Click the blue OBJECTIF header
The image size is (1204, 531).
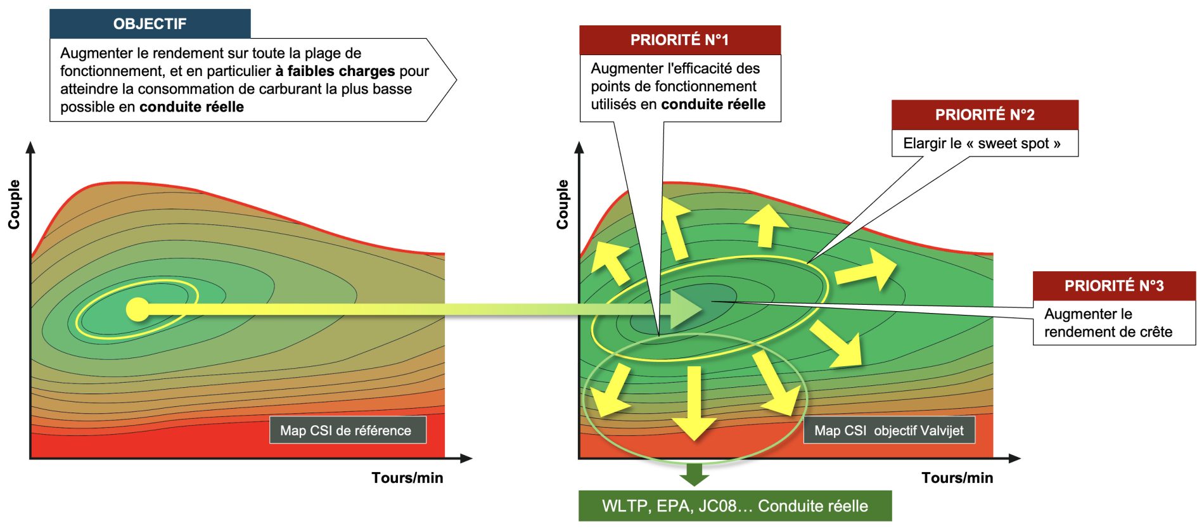pos(150,24)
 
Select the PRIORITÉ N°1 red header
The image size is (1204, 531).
pos(679,40)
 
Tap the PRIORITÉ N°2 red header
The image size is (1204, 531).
pos(985,115)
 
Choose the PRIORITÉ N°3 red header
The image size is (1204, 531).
pos(1113,286)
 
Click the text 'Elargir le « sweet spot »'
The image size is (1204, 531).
pos(982,143)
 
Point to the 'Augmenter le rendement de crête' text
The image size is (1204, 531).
pos(1108,323)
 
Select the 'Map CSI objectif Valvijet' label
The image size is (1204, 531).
pos(888,430)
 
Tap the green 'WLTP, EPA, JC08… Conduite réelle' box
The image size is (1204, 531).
pos(734,506)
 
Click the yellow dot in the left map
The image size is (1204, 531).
pos(138,309)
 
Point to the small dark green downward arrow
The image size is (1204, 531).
pos(695,474)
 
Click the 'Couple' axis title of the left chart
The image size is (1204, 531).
pos(14,204)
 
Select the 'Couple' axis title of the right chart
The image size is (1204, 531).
pos(562,204)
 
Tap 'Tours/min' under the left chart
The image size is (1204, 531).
pos(407,478)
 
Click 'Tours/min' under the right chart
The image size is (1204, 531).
pos(957,478)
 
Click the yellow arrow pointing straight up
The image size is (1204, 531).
pos(766,224)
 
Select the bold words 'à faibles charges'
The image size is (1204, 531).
pos(335,71)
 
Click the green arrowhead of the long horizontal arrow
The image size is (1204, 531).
pos(685,309)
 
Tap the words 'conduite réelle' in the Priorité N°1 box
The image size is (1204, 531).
pos(713,104)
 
